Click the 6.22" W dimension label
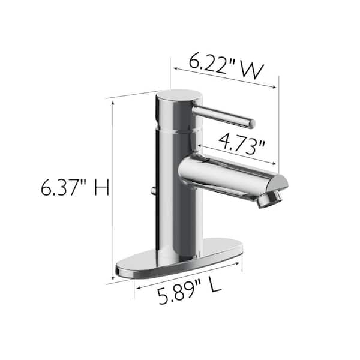click(x=220, y=64)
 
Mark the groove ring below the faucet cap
click(x=176, y=128)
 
